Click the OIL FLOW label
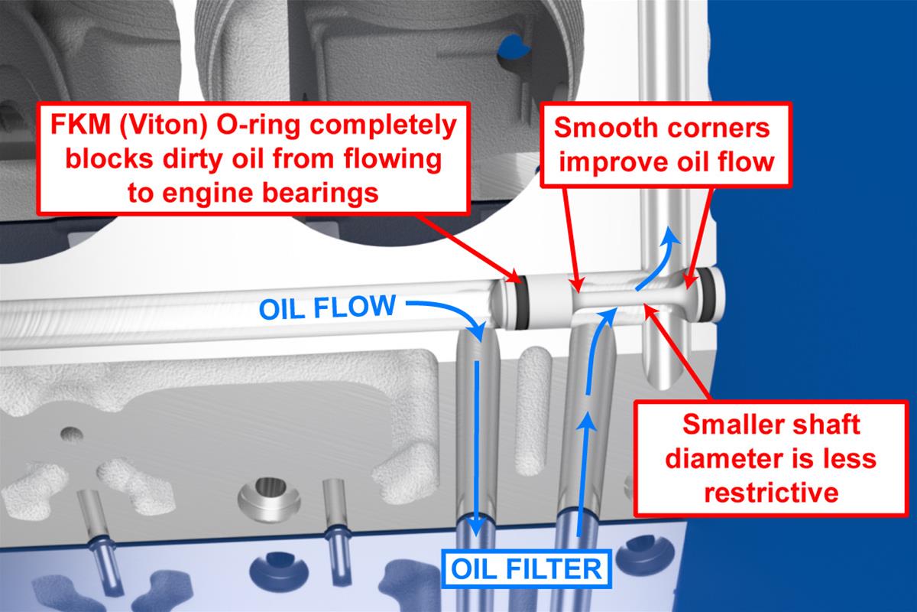click(x=328, y=308)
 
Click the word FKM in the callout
click(x=77, y=124)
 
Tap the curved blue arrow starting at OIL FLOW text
click(x=451, y=314)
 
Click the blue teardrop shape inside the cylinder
click(x=511, y=49)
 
